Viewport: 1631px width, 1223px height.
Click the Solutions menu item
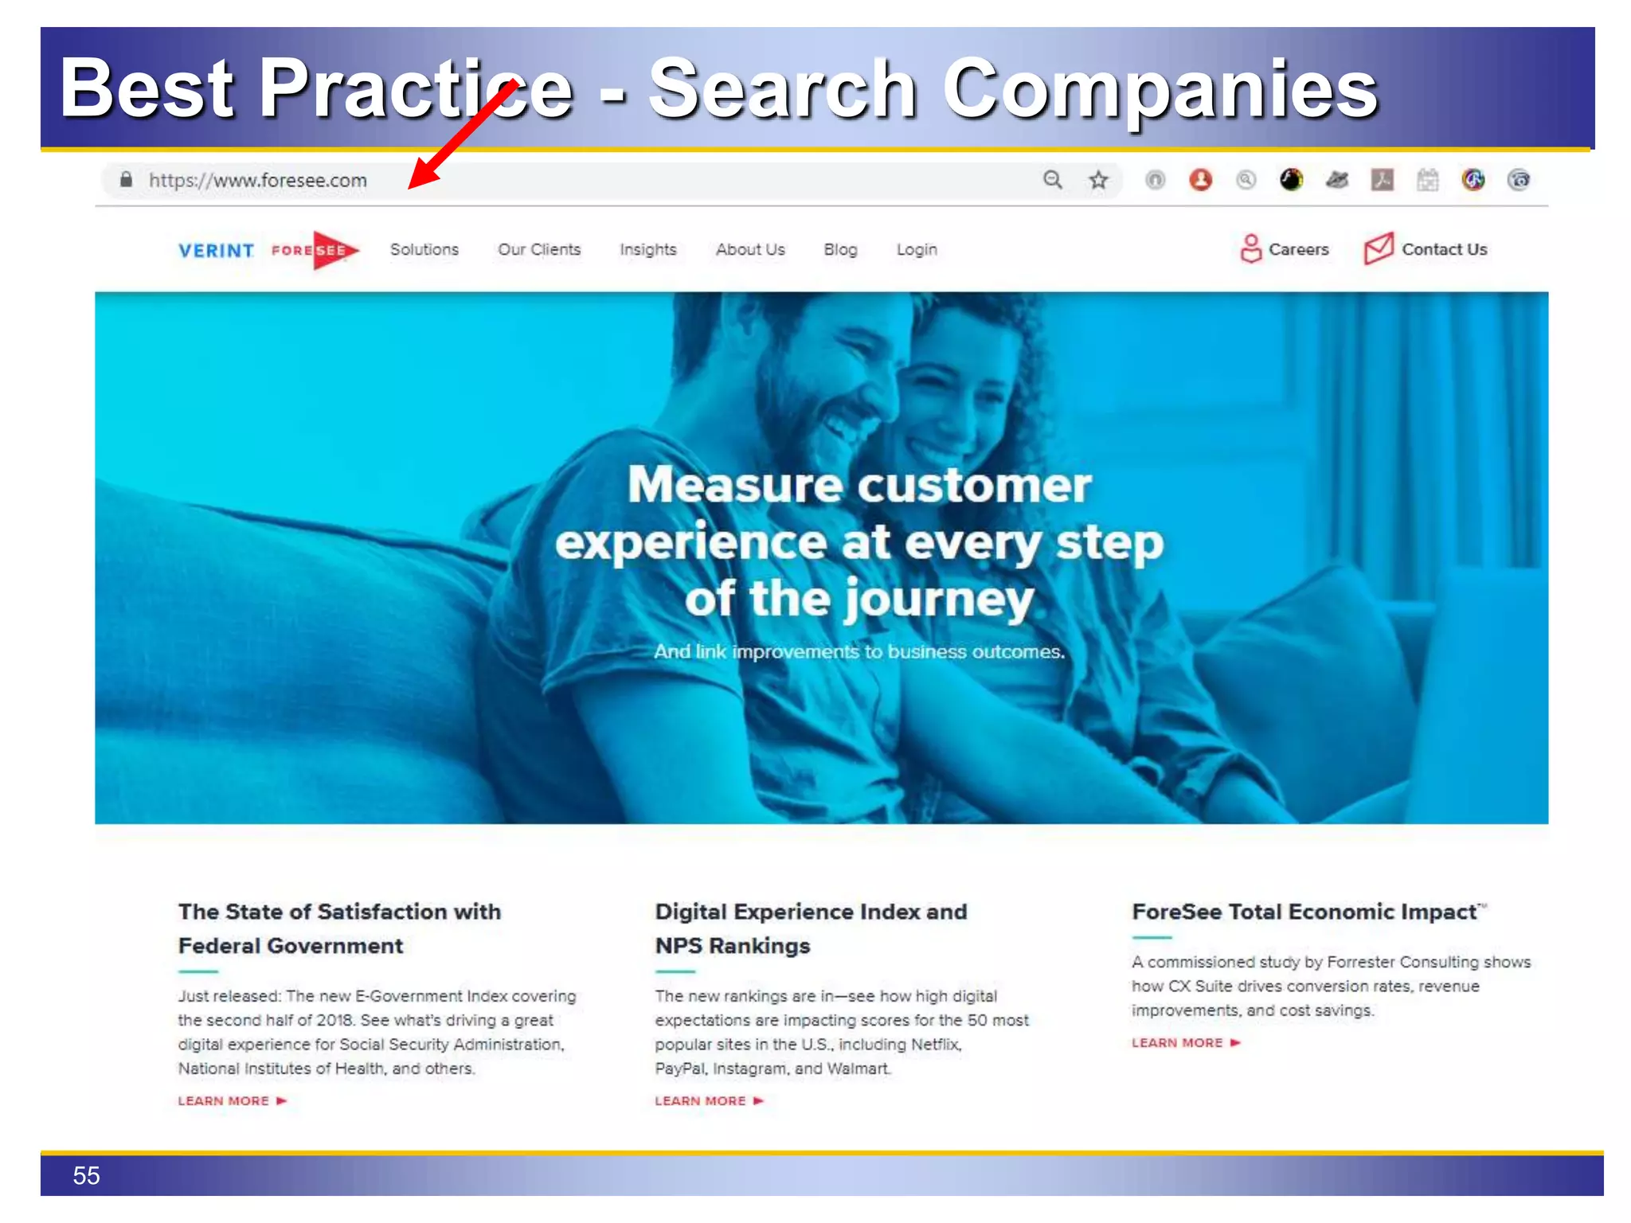tap(424, 249)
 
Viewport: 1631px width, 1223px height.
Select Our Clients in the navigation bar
tap(539, 249)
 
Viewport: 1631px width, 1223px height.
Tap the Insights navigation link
tap(647, 249)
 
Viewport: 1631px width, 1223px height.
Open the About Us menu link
tap(749, 249)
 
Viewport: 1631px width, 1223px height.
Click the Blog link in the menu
tap(840, 249)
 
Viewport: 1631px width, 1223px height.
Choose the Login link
tap(916, 249)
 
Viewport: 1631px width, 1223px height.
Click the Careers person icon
tap(1250, 248)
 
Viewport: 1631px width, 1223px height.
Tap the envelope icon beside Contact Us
tap(1379, 248)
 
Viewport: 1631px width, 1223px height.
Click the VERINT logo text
tap(216, 251)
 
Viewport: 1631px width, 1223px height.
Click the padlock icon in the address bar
tap(126, 179)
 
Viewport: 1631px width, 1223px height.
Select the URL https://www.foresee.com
tap(258, 181)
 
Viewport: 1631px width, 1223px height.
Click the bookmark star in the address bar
tap(1098, 180)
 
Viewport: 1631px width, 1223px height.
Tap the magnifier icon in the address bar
tap(1053, 180)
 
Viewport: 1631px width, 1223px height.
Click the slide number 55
tap(86, 1175)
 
